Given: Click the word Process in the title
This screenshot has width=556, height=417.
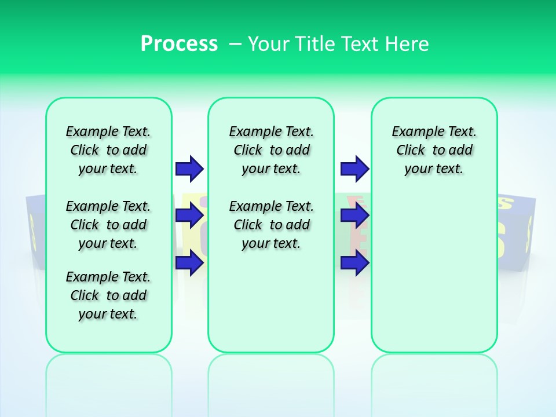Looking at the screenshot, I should tap(179, 43).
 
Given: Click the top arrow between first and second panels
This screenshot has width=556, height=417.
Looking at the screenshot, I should tap(189, 169).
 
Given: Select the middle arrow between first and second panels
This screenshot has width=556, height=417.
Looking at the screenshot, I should tap(189, 216).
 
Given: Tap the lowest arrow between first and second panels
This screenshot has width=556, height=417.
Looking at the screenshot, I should tap(189, 263).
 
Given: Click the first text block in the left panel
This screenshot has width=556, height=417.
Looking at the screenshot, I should tap(108, 150).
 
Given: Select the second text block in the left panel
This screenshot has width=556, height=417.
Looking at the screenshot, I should tap(108, 225).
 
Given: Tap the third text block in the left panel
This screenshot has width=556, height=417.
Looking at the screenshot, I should tap(108, 295).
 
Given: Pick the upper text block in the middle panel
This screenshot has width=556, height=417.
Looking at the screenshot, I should tap(271, 150).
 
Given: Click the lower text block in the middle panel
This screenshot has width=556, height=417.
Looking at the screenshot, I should tap(271, 225).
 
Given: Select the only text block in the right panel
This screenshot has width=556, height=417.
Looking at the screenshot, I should tap(434, 150).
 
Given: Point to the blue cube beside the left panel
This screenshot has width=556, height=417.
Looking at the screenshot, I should tap(35, 232).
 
